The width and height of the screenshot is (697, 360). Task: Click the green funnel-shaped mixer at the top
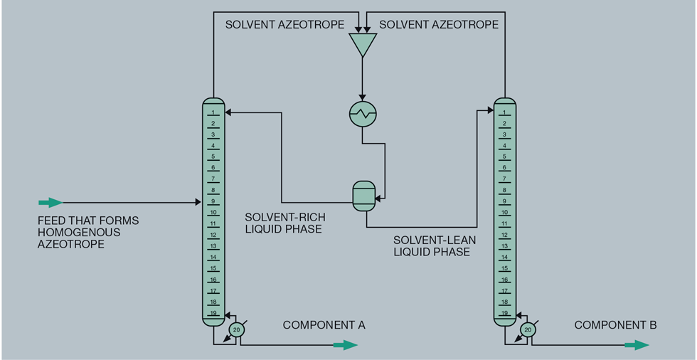[x=363, y=44]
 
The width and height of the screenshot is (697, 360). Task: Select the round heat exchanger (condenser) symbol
[x=363, y=113]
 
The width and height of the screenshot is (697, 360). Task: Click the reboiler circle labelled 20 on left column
[x=236, y=329]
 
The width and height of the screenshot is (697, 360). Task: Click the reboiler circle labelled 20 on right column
[x=527, y=329]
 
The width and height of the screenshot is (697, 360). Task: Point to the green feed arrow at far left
[x=50, y=203]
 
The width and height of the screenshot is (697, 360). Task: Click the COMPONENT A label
[x=324, y=325]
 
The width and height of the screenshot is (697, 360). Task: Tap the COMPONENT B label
[x=615, y=325]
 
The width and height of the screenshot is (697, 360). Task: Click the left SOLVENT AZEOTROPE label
[x=284, y=25]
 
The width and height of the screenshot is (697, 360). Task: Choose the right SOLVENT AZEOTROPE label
[x=439, y=25]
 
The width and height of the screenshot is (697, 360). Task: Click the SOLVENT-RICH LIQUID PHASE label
[x=283, y=223]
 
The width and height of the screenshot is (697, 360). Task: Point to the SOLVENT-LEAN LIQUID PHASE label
[x=432, y=246]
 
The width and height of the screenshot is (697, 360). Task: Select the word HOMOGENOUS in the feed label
[x=79, y=233]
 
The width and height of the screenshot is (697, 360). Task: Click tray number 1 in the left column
[x=213, y=112]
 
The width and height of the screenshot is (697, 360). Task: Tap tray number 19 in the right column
[x=504, y=313]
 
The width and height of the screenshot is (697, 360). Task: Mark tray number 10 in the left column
[x=213, y=213]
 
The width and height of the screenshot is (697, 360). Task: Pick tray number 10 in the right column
[x=504, y=213]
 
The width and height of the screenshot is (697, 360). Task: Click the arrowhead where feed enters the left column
[x=198, y=203]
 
